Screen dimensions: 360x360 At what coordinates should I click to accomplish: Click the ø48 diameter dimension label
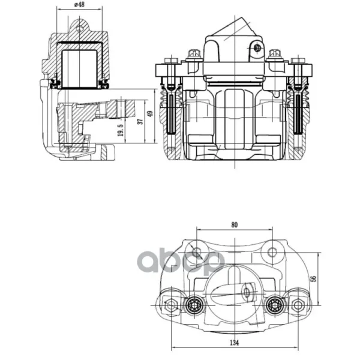pos(79,4)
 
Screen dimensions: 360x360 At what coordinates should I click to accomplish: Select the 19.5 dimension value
pos(121,130)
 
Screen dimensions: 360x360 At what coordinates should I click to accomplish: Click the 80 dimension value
pos(234,225)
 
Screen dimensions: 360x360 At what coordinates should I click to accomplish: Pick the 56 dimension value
pos(313,278)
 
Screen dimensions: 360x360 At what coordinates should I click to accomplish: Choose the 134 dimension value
pos(234,343)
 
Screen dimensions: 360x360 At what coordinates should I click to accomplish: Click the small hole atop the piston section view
pos(79,29)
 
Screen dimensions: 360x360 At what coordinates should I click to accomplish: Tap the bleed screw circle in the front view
pos(257,48)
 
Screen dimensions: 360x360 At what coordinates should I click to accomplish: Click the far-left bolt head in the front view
pos(171,61)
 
